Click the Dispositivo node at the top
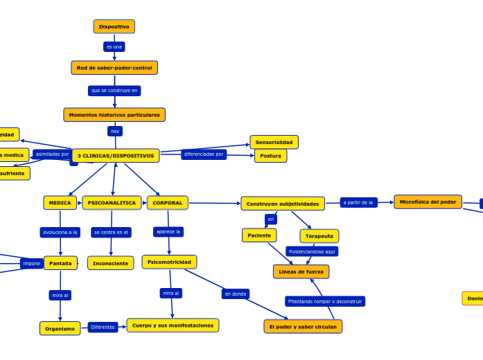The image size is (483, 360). pyautogui.click(x=114, y=27)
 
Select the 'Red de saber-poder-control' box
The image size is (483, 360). pyautogui.click(x=114, y=68)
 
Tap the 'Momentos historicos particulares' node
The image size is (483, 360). pyautogui.click(x=114, y=115)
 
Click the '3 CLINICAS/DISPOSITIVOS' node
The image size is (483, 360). pyautogui.click(x=116, y=156)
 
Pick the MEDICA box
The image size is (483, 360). pyautogui.click(x=60, y=203)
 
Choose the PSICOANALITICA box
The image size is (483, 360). pyautogui.click(x=112, y=203)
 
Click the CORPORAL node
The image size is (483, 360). pyautogui.click(x=168, y=203)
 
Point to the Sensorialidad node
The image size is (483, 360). pyautogui.click(x=274, y=142)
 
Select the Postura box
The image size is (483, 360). pyautogui.click(x=270, y=156)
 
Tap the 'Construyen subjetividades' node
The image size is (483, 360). pyautogui.click(x=283, y=204)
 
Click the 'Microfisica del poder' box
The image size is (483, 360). pyautogui.click(x=428, y=202)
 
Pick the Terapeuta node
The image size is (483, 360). pyautogui.click(x=319, y=236)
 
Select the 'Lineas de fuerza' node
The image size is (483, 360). pyautogui.click(x=301, y=271)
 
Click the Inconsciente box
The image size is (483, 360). pyautogui.click(x=110, y=263)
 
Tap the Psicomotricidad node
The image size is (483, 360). pyautogui.click(x=169, y=262)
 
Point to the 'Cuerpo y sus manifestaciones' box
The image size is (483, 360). pyautogui.click(x=173, y=325)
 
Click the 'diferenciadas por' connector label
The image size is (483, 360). pyautogui.click(x=204, y=154)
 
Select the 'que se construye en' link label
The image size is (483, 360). pyautogui.click(x=114, y=91)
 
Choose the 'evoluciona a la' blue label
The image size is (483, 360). pyautogui.click(x=60, y=233)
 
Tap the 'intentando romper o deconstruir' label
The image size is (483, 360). pyautogui.click(x=325, y=301)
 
